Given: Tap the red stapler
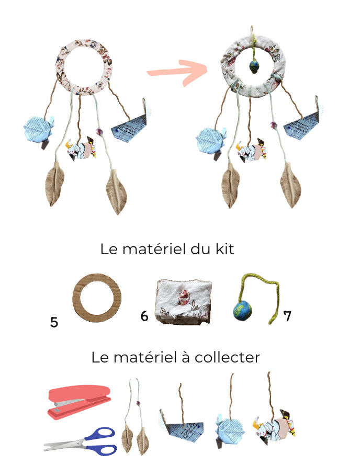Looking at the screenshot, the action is point(79,402).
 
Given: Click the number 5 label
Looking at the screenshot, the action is point(54,322).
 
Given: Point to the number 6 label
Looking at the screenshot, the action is point(144,316).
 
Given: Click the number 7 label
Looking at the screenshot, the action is point(287,315).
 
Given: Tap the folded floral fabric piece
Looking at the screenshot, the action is point(183,302).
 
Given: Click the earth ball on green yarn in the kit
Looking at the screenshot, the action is point(242,311).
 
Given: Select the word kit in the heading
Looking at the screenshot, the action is point(225,249).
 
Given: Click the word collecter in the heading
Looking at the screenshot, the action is point(227,357).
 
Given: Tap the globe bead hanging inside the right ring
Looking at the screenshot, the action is point(254,66).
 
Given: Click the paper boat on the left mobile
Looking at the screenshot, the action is point(131,126).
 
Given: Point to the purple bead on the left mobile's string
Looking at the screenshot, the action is point(99,131).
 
